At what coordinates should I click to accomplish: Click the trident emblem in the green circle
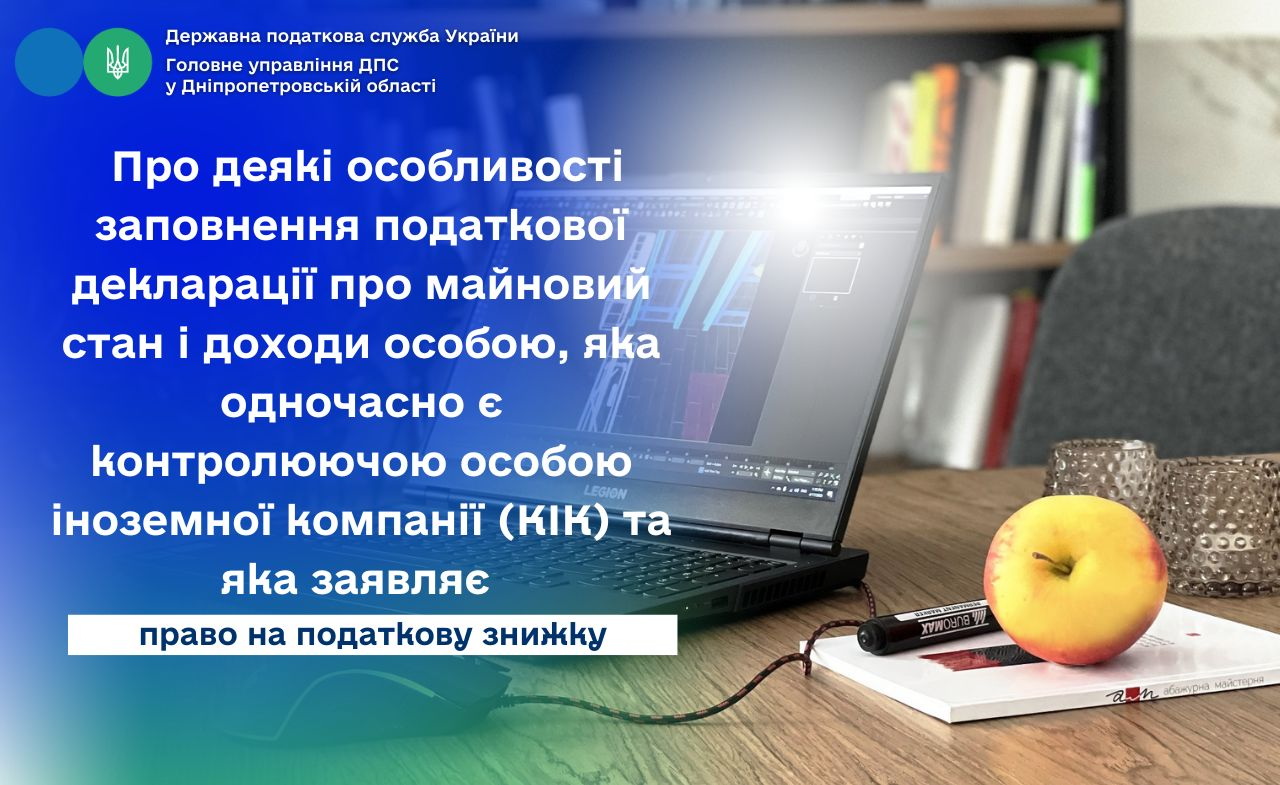coord(118,62)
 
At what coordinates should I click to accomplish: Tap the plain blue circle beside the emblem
coord(49,62)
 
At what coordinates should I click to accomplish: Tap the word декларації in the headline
coord(193,285)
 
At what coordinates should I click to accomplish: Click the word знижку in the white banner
coord(544,635)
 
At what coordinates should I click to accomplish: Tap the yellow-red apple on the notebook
coord(1074,580)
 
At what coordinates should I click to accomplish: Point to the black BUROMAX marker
coord(929,626)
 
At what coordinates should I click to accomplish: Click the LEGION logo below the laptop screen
coord(605,492)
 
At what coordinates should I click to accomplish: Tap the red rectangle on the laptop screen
coord(703,400)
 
